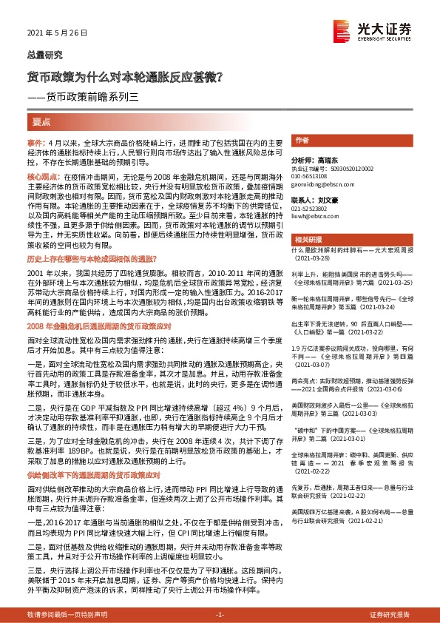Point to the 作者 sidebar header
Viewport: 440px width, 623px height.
(x=302, y=140)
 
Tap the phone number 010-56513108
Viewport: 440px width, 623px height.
(x=311, y=177)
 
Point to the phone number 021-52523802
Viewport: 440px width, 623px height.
(x=311, y=209)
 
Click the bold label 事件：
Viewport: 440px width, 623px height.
(x=36, y=141)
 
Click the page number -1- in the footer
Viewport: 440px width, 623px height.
(x=220, y=615)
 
